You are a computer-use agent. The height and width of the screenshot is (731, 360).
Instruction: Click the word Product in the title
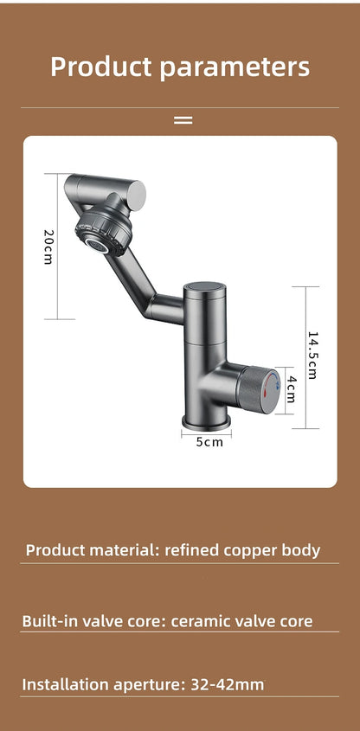(102, 67)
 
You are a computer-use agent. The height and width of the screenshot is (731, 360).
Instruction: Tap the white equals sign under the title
(183, 120)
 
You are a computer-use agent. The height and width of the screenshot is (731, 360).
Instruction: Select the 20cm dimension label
(48, 247)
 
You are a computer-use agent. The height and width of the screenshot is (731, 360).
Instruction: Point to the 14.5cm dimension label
(312, 356)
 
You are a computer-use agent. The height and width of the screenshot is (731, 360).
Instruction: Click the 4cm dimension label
(292, 389)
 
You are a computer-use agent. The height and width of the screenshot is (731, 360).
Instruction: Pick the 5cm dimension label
(209, 442)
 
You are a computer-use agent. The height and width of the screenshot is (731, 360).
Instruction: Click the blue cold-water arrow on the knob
(277, 380)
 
